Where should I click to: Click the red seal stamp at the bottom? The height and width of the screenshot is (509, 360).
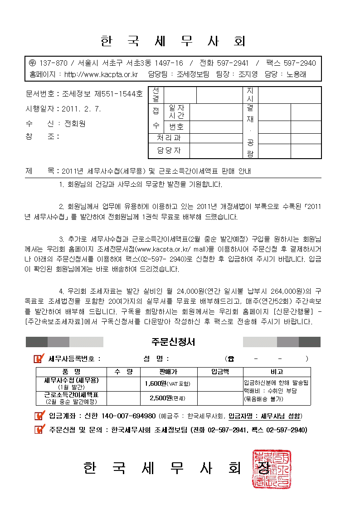[272, 469]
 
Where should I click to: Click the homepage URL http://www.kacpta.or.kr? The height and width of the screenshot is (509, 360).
[101, 74]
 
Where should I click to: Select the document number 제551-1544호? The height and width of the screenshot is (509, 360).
[118, 94]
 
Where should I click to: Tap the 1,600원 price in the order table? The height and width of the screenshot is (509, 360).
[156, 383]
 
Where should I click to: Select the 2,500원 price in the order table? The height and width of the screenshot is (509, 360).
[161, 398]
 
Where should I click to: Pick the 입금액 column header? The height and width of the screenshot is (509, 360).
[220, 372]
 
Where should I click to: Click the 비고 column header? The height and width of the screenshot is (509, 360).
[277, 372]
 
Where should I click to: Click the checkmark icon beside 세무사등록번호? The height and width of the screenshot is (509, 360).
[39, 359]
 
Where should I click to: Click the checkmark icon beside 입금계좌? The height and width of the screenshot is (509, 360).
[39, 416]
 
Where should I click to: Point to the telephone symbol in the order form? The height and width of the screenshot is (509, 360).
[231, 359]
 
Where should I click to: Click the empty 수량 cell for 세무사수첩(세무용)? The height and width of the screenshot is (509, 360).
[123, 383]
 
